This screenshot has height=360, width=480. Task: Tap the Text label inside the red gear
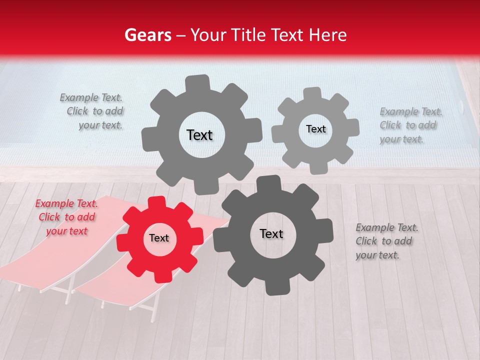(x=159, y=238)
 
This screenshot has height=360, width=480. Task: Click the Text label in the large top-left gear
(x=199, y=135)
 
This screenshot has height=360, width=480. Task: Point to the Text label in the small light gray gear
(x=315, y=129)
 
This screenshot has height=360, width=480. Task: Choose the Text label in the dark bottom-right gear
(x=271, y=233)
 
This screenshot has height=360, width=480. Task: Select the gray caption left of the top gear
(x=92, y=111)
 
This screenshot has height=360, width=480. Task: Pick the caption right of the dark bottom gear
(x=386, y=241)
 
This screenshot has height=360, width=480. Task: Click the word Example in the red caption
(x=53, y=203)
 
